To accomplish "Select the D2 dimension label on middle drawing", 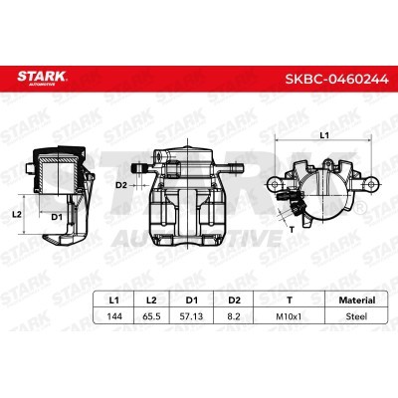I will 120,184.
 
